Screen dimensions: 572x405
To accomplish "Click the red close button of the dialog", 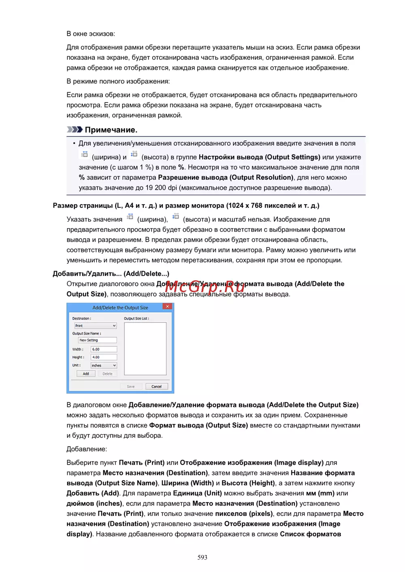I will click(x=167, y=307).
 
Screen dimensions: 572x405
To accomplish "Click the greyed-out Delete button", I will click(x=107, y=374).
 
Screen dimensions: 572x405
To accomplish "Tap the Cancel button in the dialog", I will click(x=156, y=386).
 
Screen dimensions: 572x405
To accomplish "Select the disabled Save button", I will click(x=131, y=386).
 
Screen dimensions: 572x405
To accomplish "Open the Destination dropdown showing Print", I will click(x=95, y=326).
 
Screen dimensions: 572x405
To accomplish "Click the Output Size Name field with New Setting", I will click(x=98, y=340).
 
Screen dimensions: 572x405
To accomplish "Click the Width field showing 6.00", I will click(x=104, y=349).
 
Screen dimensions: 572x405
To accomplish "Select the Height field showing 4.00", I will click(x=104, y=357).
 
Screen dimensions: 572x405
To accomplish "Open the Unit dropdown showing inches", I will click(x=104, y=365).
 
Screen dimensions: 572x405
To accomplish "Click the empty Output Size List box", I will click(x=145, y=348).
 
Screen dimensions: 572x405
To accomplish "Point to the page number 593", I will click(x=202, y=557).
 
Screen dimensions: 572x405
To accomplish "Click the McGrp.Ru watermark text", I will click(x=205, y=287).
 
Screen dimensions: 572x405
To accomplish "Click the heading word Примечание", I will click(x=111, y=130).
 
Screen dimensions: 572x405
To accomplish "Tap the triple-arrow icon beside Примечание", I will click(x=75, y=129).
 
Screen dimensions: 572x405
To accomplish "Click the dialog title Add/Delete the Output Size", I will click(x=120, y=307).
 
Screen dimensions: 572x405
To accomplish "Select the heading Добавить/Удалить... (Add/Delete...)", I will click(x=111, y=274).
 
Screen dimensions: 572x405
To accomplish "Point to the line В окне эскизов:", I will click(x=91, y=34).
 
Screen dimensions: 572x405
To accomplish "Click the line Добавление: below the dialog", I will click(x=87, y=449).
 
